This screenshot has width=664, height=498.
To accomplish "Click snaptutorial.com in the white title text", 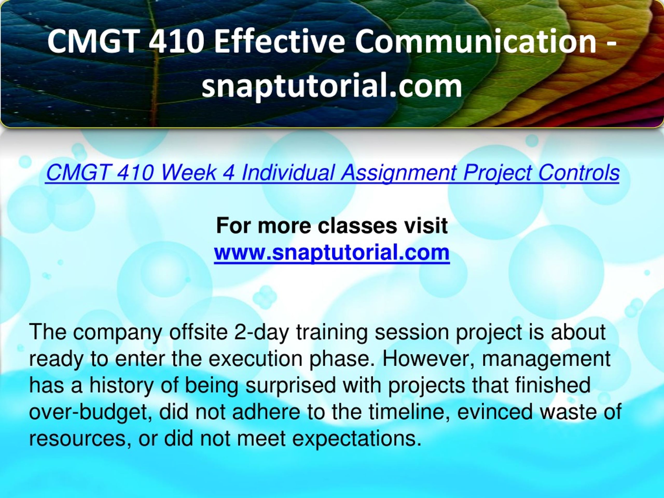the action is tap(332, 86).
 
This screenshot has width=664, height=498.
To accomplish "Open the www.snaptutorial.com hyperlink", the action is tap(332, 252).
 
